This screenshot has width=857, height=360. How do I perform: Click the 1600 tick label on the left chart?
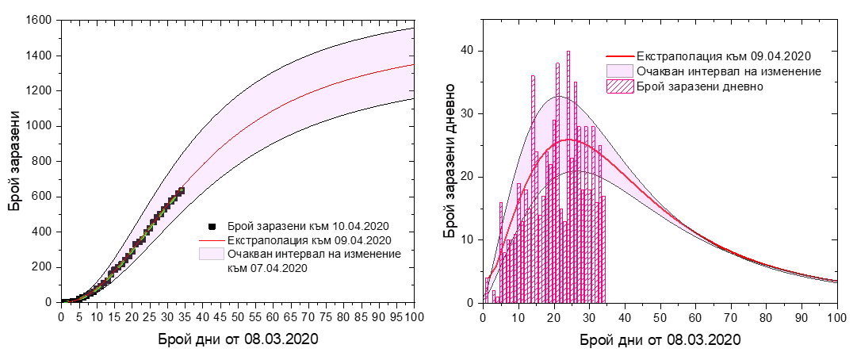coord(37,21)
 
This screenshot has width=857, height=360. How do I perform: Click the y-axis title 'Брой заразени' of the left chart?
coord(15,162)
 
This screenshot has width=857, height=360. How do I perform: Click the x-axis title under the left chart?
coord(238,340)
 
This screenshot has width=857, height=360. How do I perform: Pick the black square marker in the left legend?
coord(212,225)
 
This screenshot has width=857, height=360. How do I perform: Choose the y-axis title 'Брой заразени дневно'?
coord(450,162)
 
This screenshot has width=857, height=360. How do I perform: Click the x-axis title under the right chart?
coord(660,340)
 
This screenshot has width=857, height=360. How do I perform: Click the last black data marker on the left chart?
coord(182,190)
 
